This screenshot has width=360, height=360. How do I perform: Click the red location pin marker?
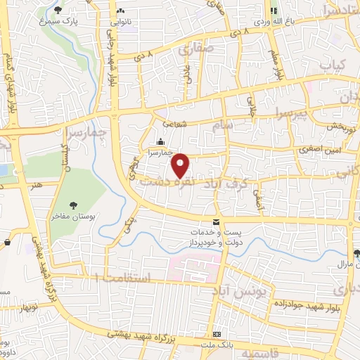[181, 165]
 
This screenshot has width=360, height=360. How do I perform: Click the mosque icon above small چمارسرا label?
[161, 141]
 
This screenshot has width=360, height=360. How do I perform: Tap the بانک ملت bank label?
[217, 345]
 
